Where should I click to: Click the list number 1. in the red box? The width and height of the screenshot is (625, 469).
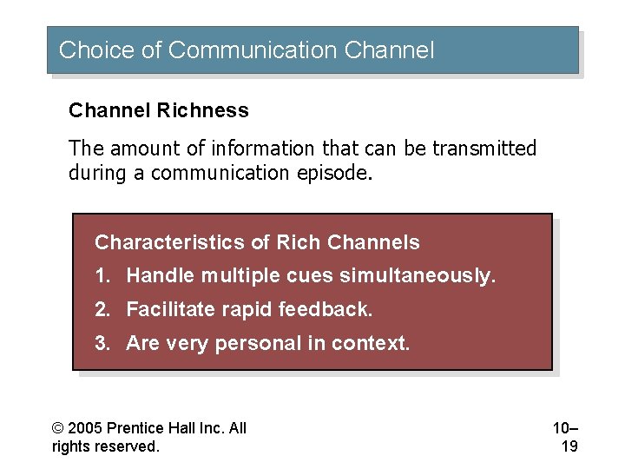[102, 276]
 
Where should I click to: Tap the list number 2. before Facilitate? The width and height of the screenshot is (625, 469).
[102, 309]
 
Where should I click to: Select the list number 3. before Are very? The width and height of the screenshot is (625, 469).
[102, 343]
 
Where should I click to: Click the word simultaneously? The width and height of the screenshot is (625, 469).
[418, 276]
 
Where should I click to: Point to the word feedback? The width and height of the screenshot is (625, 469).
[332, 309]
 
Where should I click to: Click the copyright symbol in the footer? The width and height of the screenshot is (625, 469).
[57, 428]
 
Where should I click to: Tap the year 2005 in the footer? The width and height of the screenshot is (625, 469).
[84, 428]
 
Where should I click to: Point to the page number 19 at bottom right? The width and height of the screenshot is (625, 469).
[569, 446]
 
